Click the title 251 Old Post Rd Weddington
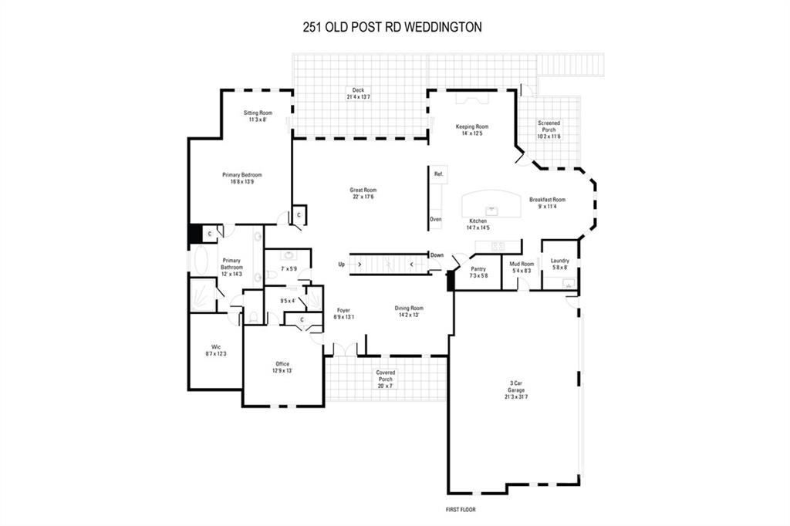click(x=392, y=26)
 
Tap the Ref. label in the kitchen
click(x=439, y=174)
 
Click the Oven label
click(x=436, y=220)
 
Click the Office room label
click(x=282, y=364)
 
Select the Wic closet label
click(x=216, y=346)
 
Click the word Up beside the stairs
click(x=342, y=265)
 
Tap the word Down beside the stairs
click(x=437, y=255)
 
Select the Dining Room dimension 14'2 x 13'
click(x=410, y=315)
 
